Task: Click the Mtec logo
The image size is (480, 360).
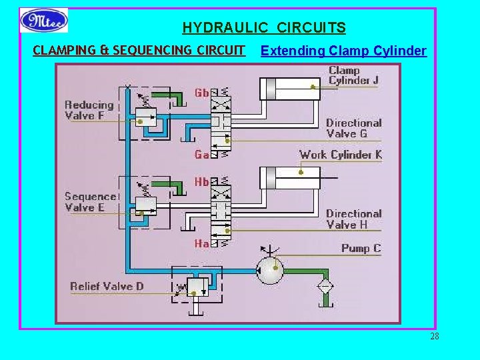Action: click(x=44, y=21)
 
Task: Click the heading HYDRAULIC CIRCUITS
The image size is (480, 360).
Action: click(x=264, y=28)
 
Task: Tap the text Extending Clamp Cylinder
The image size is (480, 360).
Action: click(x=343, y=51)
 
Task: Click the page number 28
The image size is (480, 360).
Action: click(x=434, y=336)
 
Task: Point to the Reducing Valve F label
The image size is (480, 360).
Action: click(x=89, y=110)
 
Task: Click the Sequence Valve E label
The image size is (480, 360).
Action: click(x=91, y=201)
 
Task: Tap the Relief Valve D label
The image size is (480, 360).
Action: click(x=107, y=287)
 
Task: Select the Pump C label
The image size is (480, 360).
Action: click(x=361, y=248)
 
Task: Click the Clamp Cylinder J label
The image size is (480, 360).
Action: click(x=353, y=75)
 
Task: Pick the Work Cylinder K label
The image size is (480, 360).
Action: click(x=340, y=155)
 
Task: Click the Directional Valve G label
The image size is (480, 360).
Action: click(x=353, y=128)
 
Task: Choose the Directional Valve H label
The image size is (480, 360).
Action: click(x=353, y=219)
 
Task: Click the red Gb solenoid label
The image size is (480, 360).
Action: click(x=201, y=93)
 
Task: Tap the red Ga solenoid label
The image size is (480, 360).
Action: click(x=201, y=155)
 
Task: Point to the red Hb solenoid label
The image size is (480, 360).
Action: click(x=201, y=181)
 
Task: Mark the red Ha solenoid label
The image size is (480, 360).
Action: click(x=201, y=244)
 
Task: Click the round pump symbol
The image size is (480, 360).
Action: click(x=271, y=270)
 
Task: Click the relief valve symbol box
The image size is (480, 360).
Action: click(x=196, y=287)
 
